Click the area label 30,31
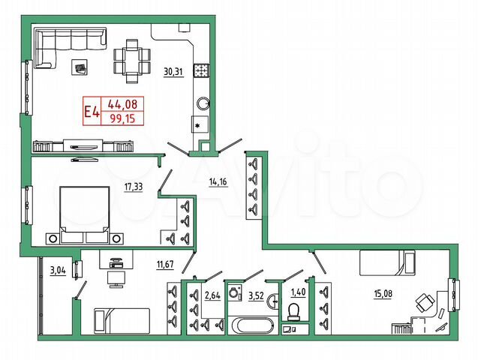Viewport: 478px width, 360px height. tap(173, 72)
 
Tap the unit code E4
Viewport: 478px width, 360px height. tap(92, 112)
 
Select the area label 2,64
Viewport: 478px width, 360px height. tap(213, 295)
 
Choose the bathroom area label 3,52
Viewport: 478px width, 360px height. tap(257, 295)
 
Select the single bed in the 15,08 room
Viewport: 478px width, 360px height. tap(387, 263)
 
